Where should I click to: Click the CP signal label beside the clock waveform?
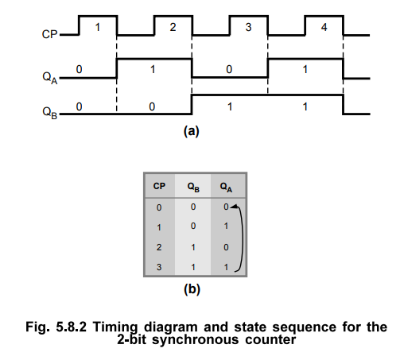point(49,34)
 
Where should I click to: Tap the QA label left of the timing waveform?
point(50,78)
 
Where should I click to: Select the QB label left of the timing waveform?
point(50,113)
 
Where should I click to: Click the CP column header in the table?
point(159,186)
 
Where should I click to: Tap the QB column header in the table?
point(193,187)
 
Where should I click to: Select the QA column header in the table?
point(226,187)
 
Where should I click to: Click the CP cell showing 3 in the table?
point(159,267)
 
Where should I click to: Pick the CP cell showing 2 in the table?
point(159,247)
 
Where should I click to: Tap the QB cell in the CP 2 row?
point(193,247)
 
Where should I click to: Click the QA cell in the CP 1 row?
point(226,226)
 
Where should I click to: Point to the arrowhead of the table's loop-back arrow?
point(232,207)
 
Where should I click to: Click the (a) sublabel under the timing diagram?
point(191,131)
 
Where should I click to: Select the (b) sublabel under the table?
point(192,289)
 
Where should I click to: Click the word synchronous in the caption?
point(196,339)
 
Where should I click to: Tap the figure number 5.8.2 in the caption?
point(71,327)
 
